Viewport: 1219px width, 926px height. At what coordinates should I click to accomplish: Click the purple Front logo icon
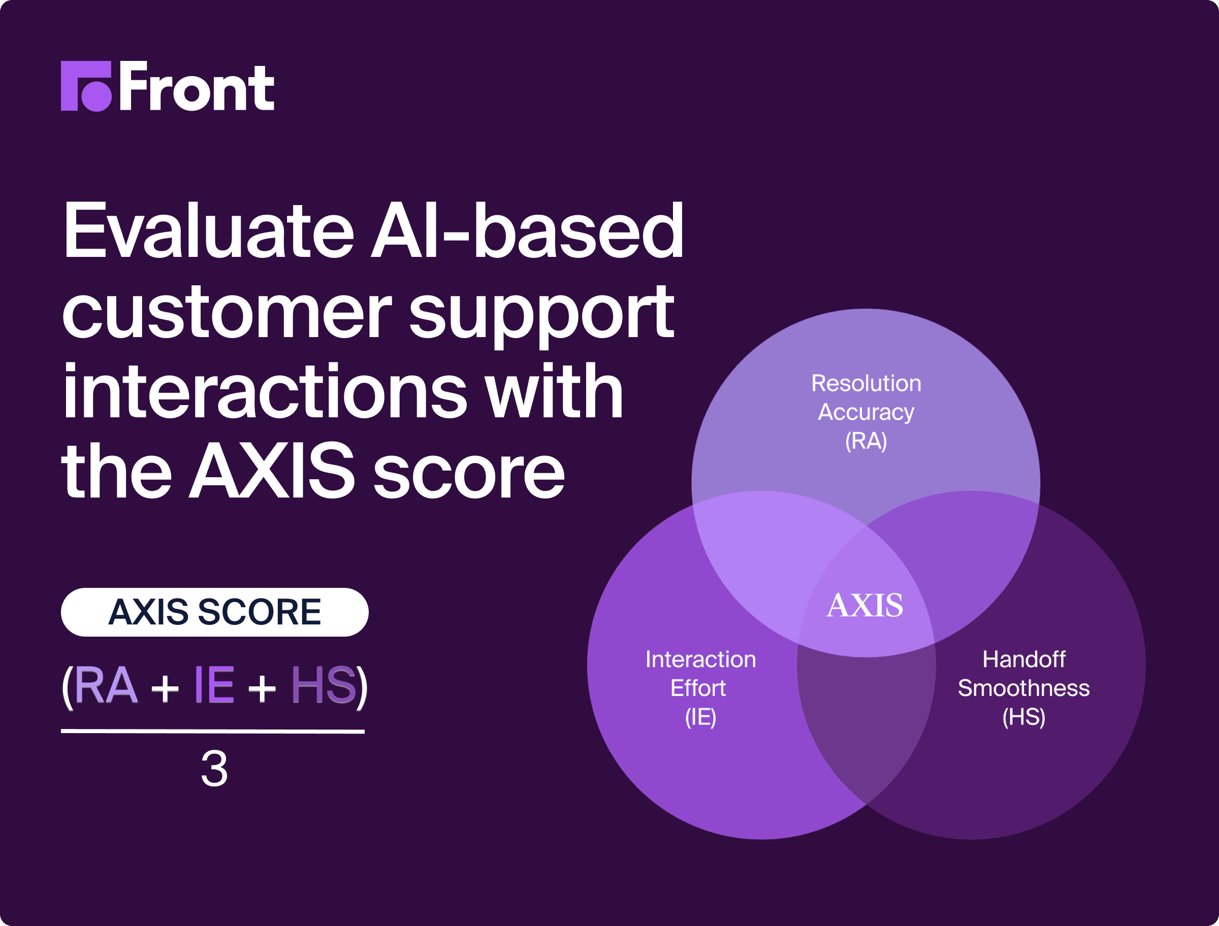point(86,86)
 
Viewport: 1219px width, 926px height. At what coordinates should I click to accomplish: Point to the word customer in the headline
point(227,313)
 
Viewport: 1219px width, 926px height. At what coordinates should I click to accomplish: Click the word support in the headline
point(541,317)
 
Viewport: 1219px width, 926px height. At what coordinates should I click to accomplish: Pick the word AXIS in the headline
point(272,471)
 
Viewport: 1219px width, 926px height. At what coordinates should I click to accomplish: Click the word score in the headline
point(469,475)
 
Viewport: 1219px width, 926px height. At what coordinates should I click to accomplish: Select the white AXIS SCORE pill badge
point(214,612)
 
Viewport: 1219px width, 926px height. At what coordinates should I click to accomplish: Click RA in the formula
point(105,685)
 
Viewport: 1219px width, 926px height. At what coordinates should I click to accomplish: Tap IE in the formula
point(214,685)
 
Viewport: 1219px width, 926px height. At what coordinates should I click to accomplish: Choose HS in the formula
point(324,685)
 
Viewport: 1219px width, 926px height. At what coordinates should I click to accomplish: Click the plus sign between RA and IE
point(165,688)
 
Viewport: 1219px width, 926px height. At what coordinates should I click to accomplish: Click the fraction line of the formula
point(213,732)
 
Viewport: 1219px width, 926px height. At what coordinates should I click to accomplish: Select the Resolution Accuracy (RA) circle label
point(866,412)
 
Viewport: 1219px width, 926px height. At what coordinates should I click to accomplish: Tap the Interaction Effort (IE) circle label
point(701,688)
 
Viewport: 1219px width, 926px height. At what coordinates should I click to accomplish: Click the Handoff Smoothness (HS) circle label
point(1024,688)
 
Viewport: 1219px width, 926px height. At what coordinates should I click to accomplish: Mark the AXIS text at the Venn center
point(865,605)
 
